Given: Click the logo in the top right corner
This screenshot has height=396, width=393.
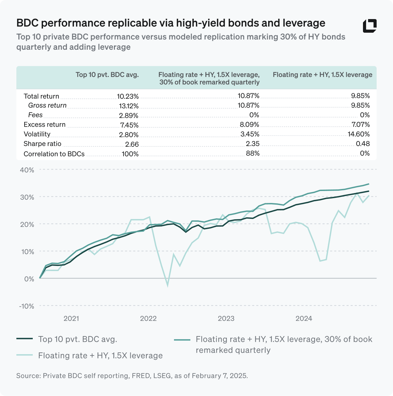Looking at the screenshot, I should [370, 26].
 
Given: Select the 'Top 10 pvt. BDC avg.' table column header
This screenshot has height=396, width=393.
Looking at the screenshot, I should [107, 75].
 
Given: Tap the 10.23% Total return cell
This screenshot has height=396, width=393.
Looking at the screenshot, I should [128, 96].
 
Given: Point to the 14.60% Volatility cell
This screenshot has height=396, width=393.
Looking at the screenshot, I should [359, 134].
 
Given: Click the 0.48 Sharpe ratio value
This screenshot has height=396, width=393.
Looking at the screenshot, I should [363, 144].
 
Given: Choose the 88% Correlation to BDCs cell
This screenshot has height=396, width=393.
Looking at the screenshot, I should [252, 154].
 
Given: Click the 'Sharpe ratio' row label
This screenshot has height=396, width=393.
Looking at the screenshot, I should [42, 144].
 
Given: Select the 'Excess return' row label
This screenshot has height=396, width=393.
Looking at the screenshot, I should [44, 125].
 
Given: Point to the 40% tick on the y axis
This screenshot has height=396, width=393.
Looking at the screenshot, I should [27, 170].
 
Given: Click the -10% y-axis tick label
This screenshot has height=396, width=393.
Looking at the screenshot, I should [26, 306].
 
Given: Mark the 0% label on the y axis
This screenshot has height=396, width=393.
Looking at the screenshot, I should [29, 279].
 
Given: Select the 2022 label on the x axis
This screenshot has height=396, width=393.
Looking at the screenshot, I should [148, 318].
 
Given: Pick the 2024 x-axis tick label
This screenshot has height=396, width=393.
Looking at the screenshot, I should [304, 318].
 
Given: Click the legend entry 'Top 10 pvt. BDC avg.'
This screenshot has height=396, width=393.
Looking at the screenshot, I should [77, 339].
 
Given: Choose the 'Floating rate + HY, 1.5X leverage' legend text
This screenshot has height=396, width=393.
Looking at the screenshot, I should [100, 355].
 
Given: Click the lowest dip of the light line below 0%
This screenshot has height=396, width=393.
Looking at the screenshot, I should [168, 285].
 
